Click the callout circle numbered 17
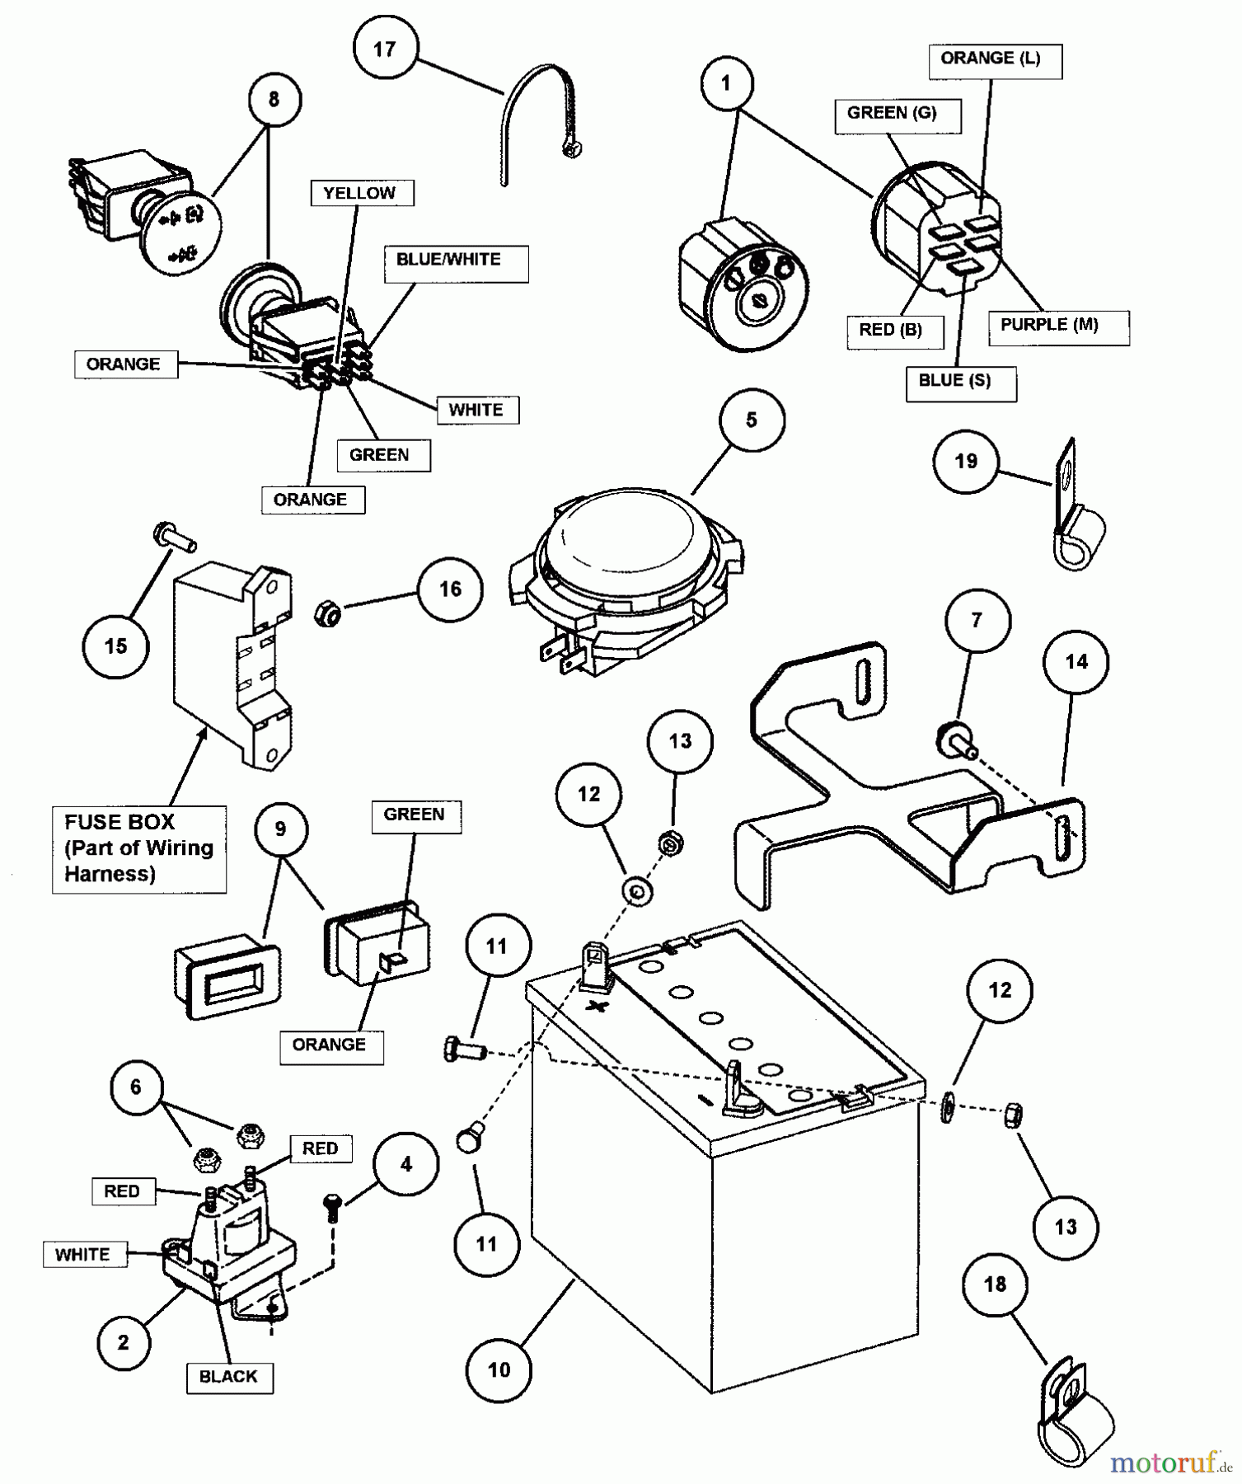tap(384, 49)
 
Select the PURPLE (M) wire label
tap(1058, 326)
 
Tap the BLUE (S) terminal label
tap(960, 383)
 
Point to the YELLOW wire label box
tap(361, 193)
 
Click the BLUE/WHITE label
tap(455, 262)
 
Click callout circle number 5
tap(751, 420)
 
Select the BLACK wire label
tap(229, 1377)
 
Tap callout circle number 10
tap(499, 1370)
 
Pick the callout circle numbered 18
tap(995, 1284)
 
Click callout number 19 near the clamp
tap(966, 461)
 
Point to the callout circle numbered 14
tap(1076, 662)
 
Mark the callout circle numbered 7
tap(977, 620)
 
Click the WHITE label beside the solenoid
tap(83, 1255)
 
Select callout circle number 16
tap(450, 589)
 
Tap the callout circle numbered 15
tap(116, 646)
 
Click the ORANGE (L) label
tap(995, 60)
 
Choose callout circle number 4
tap(405, 1164)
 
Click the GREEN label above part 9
tap(415, 815)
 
